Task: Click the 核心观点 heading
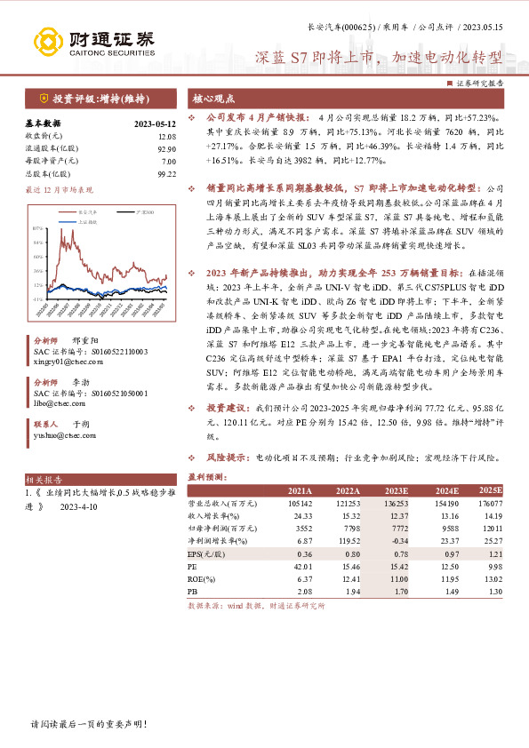coord(214,98)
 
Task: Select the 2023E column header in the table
coord(396,490)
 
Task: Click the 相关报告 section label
coord(40,477)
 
